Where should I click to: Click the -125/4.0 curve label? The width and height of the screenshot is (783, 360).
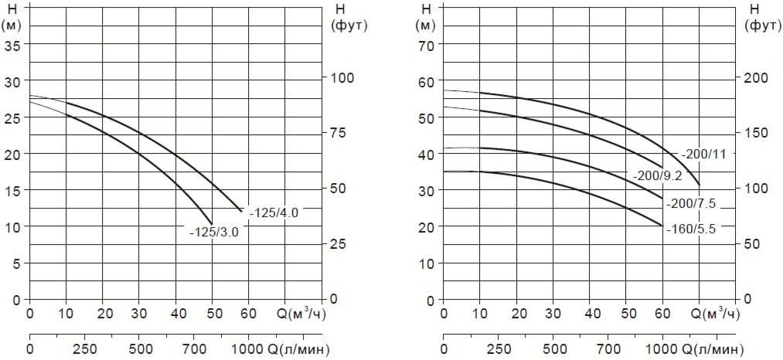click(274, 212)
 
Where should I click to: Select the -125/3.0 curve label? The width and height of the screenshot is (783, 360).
click(213, 232)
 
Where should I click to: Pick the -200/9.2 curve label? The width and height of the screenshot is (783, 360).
click(657, 176)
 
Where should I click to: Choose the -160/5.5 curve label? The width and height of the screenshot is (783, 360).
click(692, 229)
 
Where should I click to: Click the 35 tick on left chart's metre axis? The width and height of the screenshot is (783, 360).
click(12, 44)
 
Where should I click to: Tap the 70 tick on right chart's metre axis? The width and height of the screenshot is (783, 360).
click(427, 44)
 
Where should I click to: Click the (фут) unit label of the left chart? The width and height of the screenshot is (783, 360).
click(348, 25)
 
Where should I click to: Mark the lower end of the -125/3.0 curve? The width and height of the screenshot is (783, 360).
click(211, 223)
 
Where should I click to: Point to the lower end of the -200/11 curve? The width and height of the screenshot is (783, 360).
click(699, 185)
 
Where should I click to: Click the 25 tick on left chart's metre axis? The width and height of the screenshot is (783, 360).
click(12, 117)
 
